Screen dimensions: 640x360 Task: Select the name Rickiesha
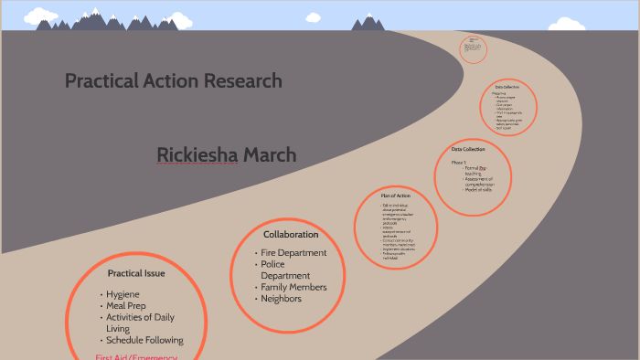coord(197,155)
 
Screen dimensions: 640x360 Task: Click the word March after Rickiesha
coord(270,155)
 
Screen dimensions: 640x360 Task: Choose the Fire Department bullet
coord(293,253)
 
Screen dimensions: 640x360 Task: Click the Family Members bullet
coord(293,287)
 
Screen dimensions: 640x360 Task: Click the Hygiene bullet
coord(123,294)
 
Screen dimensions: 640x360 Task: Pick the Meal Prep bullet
coord(127,306)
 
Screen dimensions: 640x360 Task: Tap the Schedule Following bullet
coord(144,340)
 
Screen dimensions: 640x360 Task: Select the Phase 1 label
coord(460,162)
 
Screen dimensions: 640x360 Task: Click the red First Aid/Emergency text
coord(137,355)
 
